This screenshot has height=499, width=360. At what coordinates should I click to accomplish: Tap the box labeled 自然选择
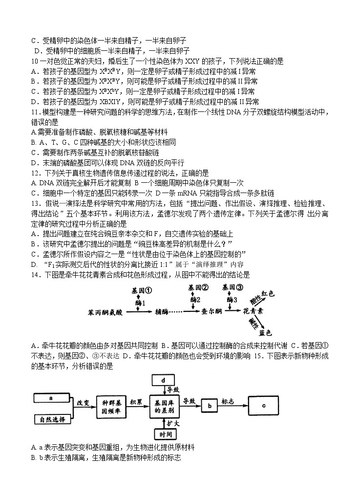click(x=51, y=419)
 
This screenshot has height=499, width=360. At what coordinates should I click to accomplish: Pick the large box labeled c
click(x=264, y=405)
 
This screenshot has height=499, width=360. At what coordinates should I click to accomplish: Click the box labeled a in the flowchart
click(x=51, y=398)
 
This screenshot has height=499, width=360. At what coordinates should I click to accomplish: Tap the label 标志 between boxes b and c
click(x=228, y=401)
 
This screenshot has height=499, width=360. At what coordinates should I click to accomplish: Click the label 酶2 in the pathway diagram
click(x=195, y=299)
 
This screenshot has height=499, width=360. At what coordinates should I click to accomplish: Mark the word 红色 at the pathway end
click(x=268, y=293)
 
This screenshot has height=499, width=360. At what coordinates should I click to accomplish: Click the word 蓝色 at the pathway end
click(x=266, y=333)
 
